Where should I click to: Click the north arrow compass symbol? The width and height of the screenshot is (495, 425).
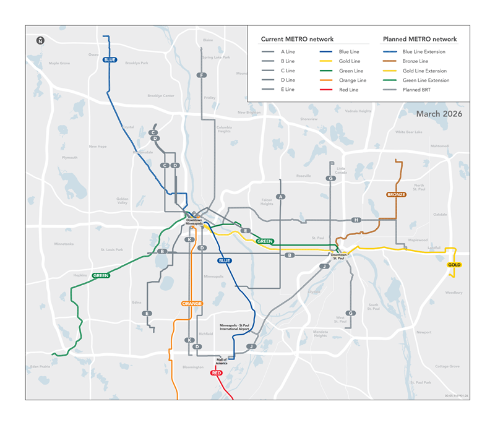[x=40, y=40]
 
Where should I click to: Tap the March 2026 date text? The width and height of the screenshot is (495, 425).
[x=439, y=114]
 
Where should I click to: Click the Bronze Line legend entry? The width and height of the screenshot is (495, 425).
[x=415, y=61]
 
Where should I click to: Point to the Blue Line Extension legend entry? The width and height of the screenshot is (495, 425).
[x=424, y=52]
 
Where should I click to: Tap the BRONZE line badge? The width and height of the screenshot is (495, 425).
[x=396, y=194]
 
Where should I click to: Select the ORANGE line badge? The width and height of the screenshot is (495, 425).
[x=192, y=304]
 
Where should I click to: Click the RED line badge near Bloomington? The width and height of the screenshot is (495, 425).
[x=216, y=373]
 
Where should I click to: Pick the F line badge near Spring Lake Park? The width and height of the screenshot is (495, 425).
[x=202, y=75]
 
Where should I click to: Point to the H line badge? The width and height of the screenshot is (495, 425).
[x=356, y=220]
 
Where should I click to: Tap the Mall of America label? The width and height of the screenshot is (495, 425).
[x=222, y=361]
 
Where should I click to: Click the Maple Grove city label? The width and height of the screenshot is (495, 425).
[x=59, y=63]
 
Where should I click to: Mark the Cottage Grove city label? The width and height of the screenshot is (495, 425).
[x=447, y=366]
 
